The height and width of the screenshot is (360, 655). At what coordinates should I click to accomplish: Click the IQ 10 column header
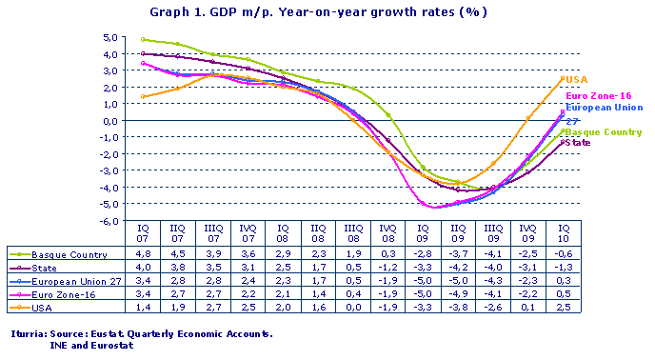point(563,234)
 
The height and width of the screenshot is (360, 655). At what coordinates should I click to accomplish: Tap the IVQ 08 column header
point(387,234)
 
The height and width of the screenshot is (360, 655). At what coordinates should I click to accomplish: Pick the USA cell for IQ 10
point(563,308)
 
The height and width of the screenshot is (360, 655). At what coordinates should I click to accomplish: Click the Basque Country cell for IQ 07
point(143,254)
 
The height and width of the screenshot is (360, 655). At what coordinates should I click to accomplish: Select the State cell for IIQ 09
point(458,268)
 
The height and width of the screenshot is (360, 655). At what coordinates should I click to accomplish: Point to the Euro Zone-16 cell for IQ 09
point(423,294)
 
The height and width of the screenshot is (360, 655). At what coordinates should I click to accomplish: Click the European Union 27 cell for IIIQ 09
point(493,281)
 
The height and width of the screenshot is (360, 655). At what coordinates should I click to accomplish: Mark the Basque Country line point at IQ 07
point(143,40)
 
